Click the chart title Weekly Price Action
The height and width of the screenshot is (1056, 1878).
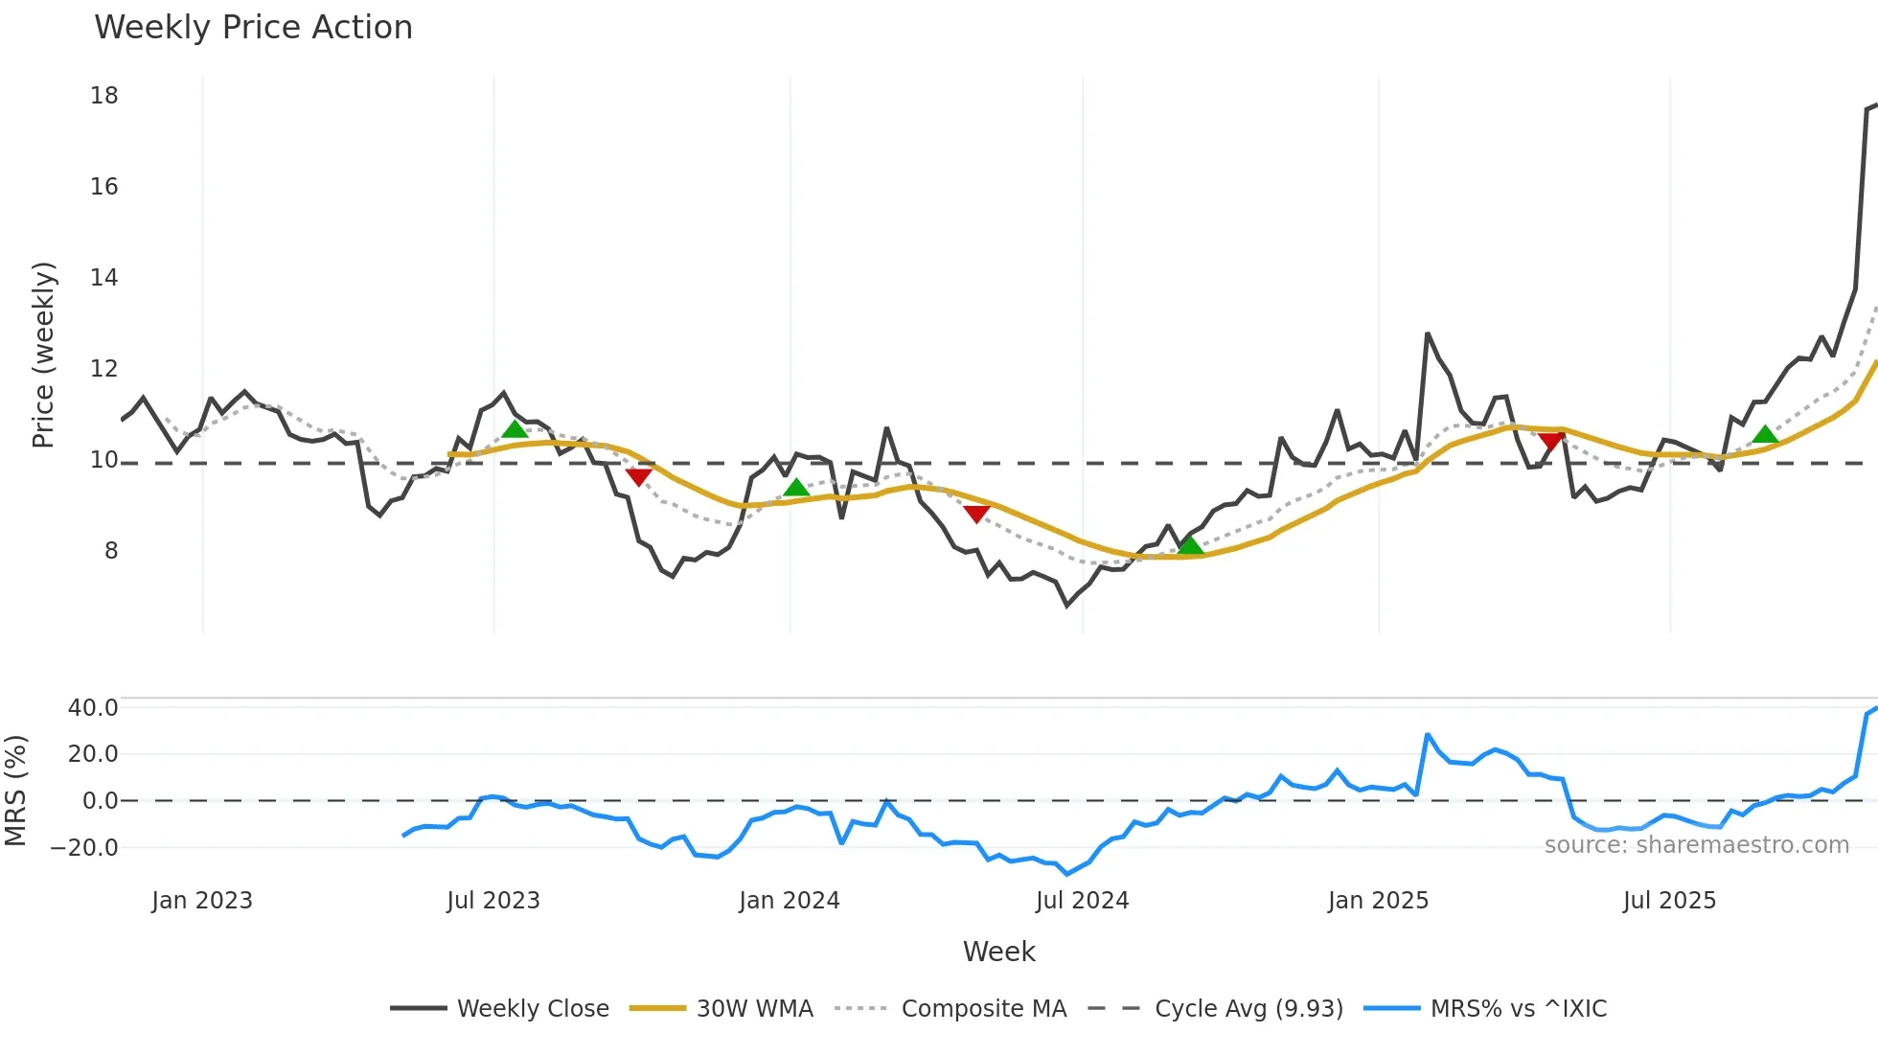[253, 28]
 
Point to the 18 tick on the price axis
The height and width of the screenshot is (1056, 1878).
[104, 96]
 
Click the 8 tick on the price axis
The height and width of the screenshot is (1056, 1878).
[111, 551]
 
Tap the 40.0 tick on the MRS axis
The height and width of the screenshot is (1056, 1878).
[93, 708]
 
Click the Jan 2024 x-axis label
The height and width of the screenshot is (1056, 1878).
[790, 901]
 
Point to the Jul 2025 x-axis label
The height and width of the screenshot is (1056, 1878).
[1669, 901]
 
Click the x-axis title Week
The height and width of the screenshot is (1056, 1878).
[998, 952]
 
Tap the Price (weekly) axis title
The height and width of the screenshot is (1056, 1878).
[44, 355]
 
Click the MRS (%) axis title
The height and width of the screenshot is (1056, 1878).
[15, 791]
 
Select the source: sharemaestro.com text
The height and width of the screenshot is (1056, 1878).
[1696, 845]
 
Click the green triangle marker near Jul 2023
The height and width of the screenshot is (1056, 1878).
[515, 429]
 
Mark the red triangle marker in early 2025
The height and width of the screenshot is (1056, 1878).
[1551, 441]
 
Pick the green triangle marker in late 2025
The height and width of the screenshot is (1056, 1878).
[1765, 435]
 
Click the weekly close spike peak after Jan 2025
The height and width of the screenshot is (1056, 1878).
[1428, 334]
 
